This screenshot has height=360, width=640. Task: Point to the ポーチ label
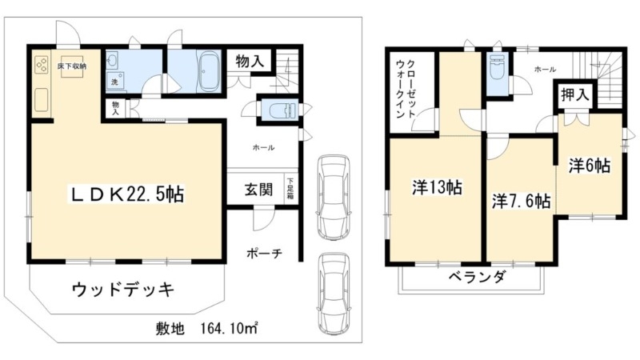[265, 254]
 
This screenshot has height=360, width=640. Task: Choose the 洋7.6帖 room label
[520, 201]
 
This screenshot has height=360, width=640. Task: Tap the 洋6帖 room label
[590, 166]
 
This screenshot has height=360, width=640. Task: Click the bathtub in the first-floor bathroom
[211, 72]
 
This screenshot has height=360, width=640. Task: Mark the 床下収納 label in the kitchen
[72, 66]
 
